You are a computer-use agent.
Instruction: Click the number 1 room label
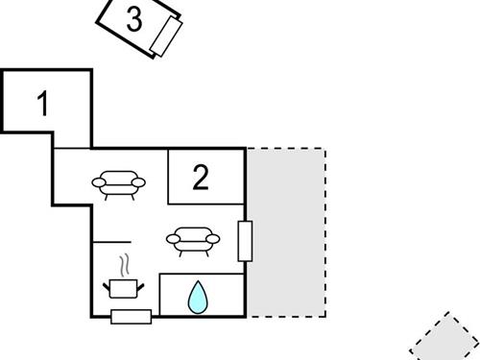[41, 103]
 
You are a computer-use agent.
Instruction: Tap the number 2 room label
[200, 178]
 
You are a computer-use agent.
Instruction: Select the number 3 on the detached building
[134, 19]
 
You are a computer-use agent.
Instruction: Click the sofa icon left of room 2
[119, 181]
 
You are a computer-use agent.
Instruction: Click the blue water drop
[197, 298]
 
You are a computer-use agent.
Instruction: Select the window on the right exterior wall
[245, 241]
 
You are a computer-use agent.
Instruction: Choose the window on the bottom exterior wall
[131, 317]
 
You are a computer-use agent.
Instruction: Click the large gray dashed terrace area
[287, 231]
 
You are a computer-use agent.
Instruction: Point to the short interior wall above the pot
[111, 241]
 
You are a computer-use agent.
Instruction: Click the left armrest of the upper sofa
[98, 180]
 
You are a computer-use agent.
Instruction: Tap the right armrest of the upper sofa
[140, 180]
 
